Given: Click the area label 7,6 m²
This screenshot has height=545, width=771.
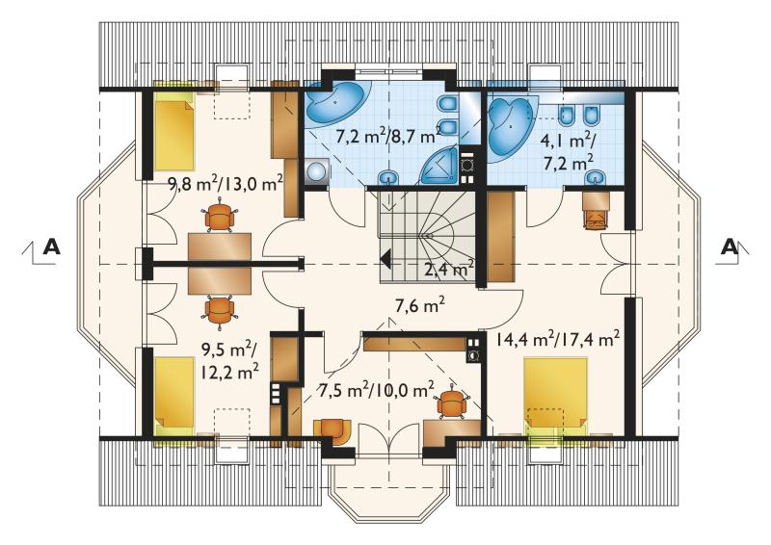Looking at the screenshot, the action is [x=420, y=306].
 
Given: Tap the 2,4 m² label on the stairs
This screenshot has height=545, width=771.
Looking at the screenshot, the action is [x=448, y=269].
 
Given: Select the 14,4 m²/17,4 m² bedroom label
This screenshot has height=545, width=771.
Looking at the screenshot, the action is [x=557, y=338].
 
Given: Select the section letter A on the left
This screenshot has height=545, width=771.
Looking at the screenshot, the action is [x=52, y=247].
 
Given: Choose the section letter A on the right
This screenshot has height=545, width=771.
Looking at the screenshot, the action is [x=730, y=247].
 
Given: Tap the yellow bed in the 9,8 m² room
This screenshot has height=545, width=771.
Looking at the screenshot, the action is [x=174, y=131].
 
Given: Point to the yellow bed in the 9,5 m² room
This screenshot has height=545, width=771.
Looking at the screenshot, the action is [x=174, y=396].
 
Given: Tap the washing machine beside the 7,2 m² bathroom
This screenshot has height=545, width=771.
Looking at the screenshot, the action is [x=317, y=171].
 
